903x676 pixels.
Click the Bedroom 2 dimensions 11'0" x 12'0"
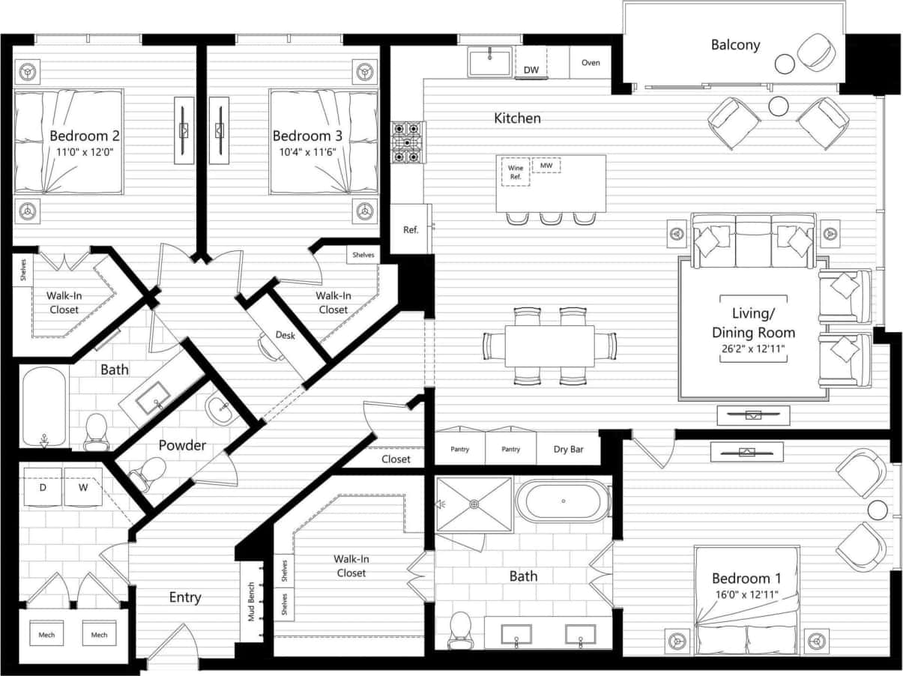coord(85,151)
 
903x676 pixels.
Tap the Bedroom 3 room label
coord(307,136)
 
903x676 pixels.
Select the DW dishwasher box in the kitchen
coord(531,70)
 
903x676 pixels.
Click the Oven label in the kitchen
coord(591,63)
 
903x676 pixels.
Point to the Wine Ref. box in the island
coord(516,172)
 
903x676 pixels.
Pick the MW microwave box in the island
coord(546,165)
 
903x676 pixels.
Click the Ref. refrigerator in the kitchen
coord(411,229)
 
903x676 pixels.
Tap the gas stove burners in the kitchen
coord(408,142)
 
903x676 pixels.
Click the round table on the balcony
coord(785,64)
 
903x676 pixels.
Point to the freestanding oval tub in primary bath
coord(563,501)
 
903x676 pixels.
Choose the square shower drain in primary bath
coord(474,504)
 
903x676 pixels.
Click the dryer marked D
coord(43,488)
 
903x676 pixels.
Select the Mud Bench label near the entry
coord(252,603)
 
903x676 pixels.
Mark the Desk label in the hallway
coord(285,335)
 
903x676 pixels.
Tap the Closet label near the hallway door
coord(396,459)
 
